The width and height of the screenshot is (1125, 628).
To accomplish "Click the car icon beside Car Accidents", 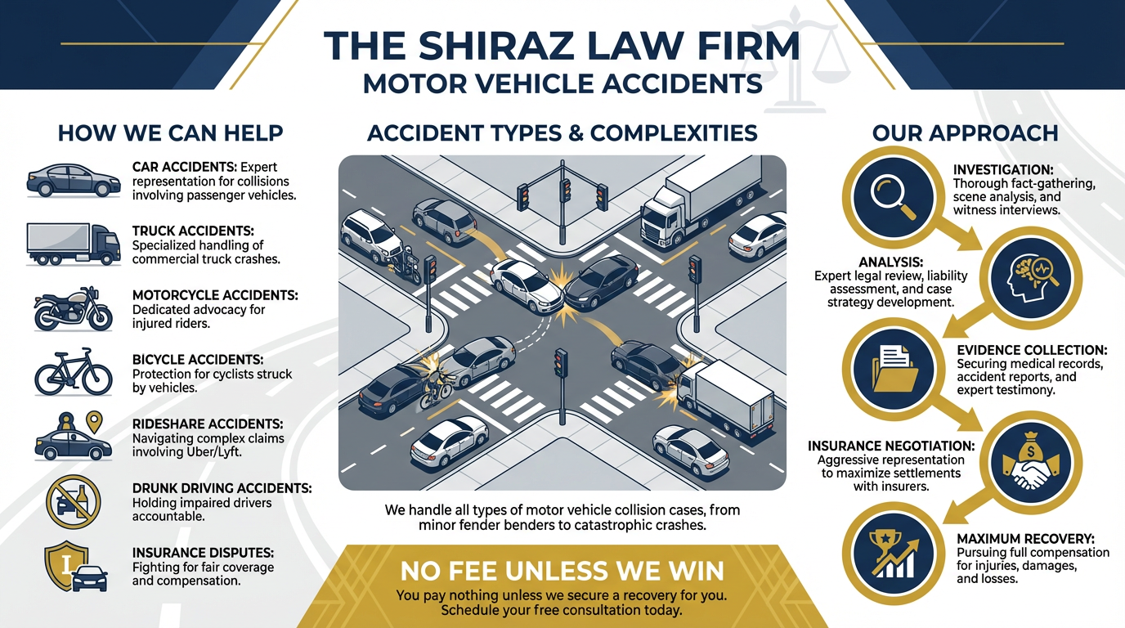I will pos(73,179).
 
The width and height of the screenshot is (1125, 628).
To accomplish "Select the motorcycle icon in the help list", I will pos(73,310).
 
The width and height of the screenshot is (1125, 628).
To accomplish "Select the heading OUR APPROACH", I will pos(965,132).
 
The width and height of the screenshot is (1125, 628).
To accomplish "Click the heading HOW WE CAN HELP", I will pos(170,132).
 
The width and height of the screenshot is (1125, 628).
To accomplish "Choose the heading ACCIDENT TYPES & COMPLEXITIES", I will pos(562,132).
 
